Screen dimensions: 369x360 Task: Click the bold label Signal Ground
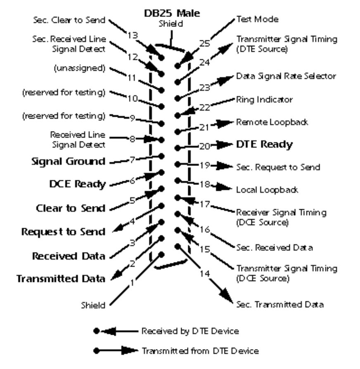point(69,161)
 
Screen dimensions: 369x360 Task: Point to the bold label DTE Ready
point(264,144)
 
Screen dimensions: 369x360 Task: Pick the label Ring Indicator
point(264,99)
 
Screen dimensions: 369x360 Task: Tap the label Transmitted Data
point(61,279)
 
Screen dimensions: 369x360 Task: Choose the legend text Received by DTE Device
point(189,331)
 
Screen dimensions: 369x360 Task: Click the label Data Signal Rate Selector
point(286,76)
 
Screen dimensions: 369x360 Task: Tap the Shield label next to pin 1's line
point(93,305)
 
